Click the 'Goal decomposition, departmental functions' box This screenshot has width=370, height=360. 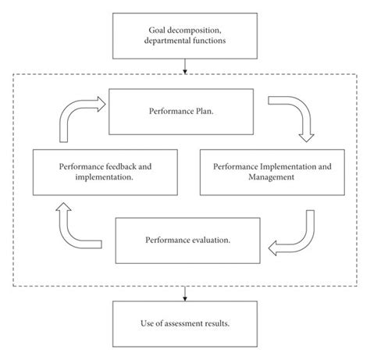point(184,36)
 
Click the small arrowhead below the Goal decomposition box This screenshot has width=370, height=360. point(184,72)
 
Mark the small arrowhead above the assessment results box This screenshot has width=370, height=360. point(184,297)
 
